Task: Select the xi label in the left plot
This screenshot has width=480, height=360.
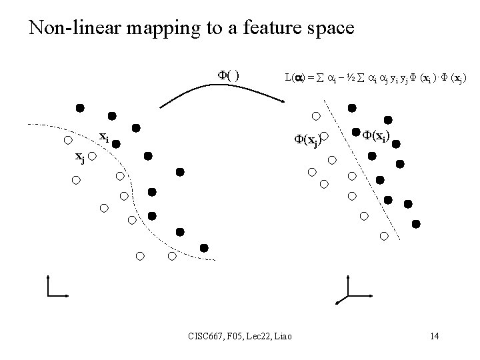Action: coord(104,137)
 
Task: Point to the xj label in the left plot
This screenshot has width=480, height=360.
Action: coord(80,157)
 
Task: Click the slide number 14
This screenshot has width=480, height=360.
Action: coord(434,335)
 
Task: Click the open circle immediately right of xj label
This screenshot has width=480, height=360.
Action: coord(93,157)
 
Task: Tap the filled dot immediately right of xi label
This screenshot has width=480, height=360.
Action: coord(116,143)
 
